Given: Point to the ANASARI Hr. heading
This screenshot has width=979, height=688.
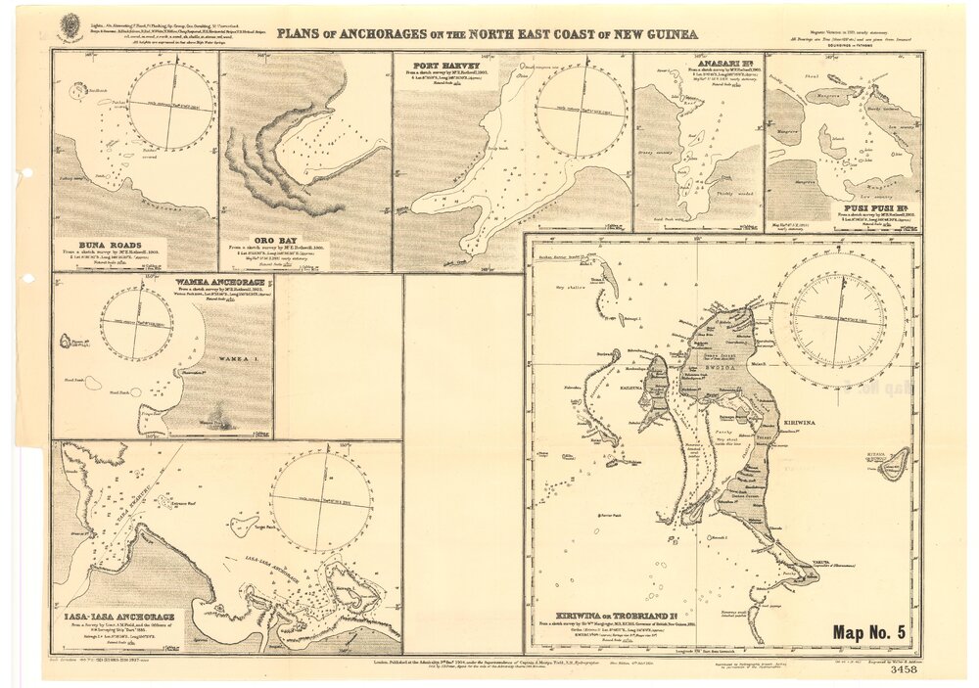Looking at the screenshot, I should [x=724, y=61].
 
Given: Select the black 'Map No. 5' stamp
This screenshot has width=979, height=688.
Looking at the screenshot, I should [x=869, y=632].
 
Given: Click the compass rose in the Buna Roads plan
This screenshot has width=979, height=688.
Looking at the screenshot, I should [x=171, y=106].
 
